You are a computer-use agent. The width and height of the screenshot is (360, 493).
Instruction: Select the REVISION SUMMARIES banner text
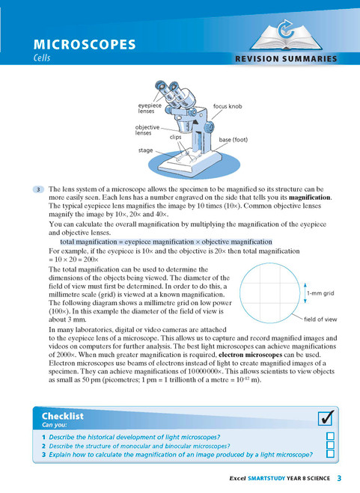[x=285, y=59]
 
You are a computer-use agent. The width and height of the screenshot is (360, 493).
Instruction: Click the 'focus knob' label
[x=227, y=106]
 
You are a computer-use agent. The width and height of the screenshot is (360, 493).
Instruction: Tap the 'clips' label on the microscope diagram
[x=176, y=138]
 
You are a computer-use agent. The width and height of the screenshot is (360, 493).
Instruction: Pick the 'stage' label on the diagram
[x=146, y=150]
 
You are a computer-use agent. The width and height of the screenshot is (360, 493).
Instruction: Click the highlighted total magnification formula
[x=165, y=242]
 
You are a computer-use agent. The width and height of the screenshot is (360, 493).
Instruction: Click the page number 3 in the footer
[x=339, y=478]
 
